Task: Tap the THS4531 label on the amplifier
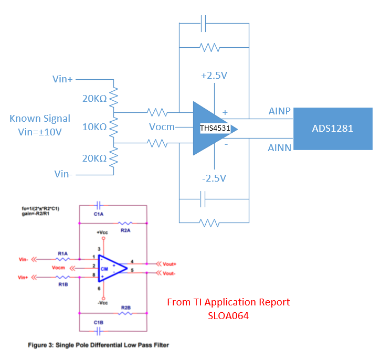215,128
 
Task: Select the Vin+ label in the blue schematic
62,79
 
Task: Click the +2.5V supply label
214,76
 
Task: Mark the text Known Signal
40,119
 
